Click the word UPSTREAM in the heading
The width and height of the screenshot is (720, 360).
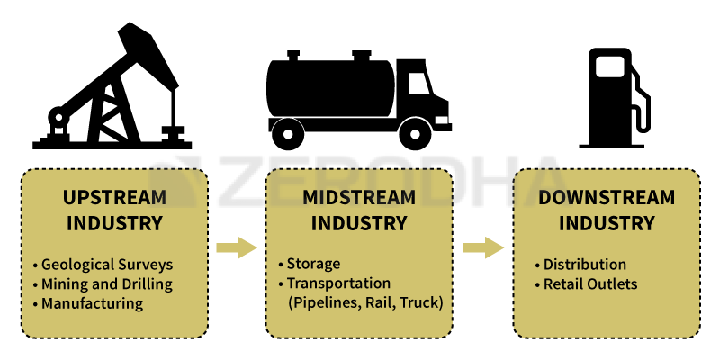114,197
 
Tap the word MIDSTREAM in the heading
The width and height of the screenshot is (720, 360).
359,197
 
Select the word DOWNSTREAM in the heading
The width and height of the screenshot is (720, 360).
607,197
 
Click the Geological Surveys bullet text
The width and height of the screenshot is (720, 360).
107,265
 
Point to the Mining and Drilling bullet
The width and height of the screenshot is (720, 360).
107,284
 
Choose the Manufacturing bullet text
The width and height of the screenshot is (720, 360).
93,303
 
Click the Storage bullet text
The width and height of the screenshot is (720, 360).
313,264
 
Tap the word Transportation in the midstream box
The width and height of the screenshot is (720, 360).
338,283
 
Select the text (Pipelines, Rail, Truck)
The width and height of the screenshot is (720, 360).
365,303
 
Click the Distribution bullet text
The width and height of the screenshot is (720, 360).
585,265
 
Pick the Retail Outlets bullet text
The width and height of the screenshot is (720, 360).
590,284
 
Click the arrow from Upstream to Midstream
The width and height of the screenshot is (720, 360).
237,248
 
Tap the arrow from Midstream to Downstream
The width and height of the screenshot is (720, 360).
483,248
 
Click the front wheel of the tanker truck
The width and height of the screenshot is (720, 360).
415,134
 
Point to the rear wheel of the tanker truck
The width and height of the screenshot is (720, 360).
288,134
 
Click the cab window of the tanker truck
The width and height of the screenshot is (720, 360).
419,84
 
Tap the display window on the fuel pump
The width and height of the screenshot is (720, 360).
610,67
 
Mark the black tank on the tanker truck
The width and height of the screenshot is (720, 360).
330,88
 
